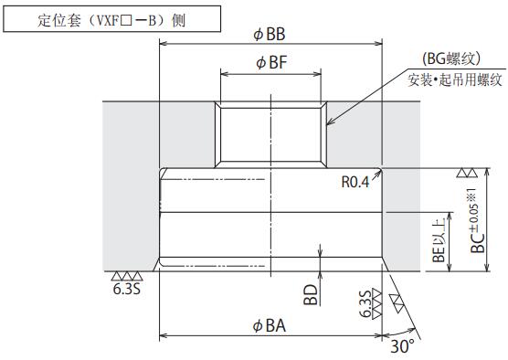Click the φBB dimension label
pos(269,35)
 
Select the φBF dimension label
pos(271,62)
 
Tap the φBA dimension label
pos(270,325)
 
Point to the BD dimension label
pos(311,294)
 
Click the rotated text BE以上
pos(439,240)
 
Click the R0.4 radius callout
pos(355,182)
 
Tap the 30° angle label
pos(402,346)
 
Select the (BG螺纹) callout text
pos(450,59)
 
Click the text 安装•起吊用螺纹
pos(455,79)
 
